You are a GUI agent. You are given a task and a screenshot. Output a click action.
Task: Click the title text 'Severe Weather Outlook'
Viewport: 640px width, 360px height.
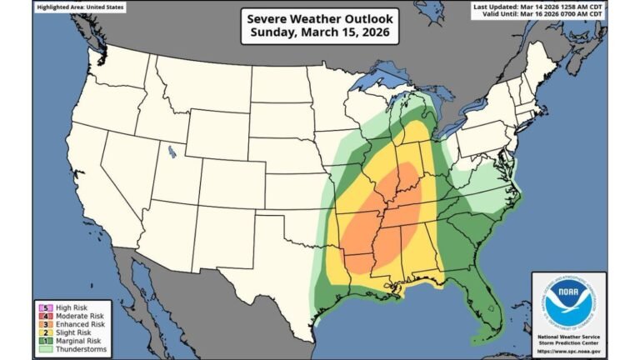click(x=319, y=17)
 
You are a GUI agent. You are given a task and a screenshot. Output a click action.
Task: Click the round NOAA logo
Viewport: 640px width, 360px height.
click(x=569, y=302)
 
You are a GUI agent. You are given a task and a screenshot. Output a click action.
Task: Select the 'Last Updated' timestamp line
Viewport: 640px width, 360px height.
click(x=538, y=7)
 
